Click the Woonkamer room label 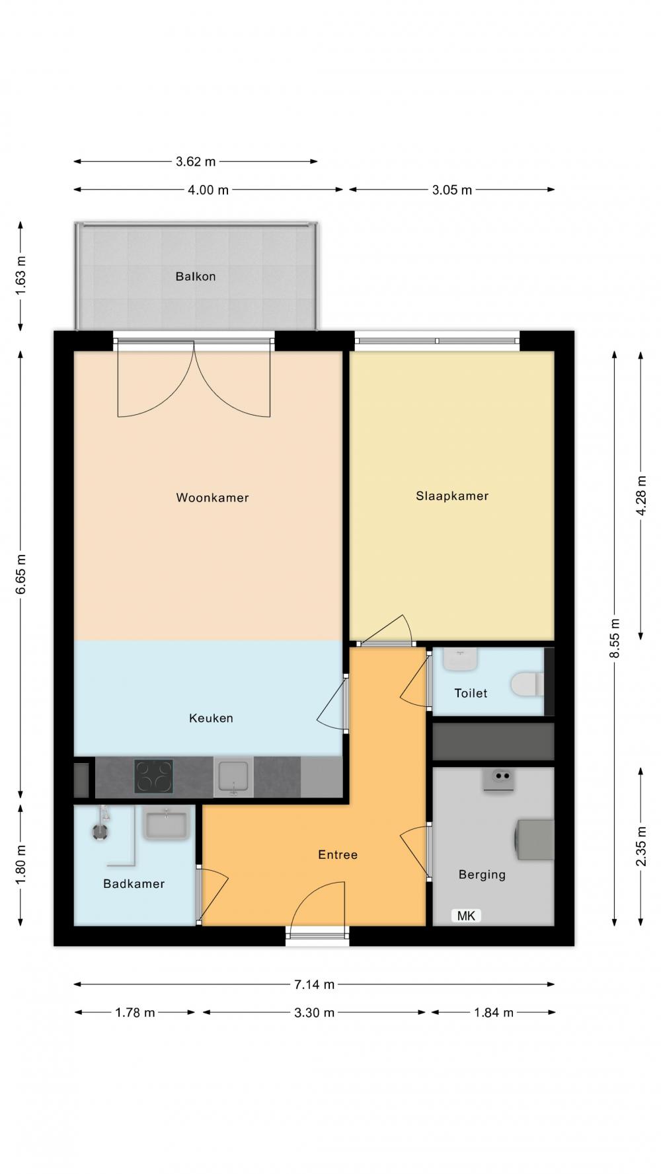[212, 497]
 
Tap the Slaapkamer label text [452, 496]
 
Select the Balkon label [196, 276]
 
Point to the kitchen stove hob [153, 776]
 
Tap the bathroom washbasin [166, 825]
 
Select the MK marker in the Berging [466, 916]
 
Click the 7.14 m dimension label [314, 984]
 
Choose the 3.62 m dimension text [196, 161]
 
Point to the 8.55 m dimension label [615, 638]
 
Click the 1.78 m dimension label [135, 1012]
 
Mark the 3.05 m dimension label [452, 190]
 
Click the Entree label [338, 855]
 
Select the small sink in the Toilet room [461, 659]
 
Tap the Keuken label [211, 718]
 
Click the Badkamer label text [134, 884]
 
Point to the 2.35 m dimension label [641, 847]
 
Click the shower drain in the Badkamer [100, 832]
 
